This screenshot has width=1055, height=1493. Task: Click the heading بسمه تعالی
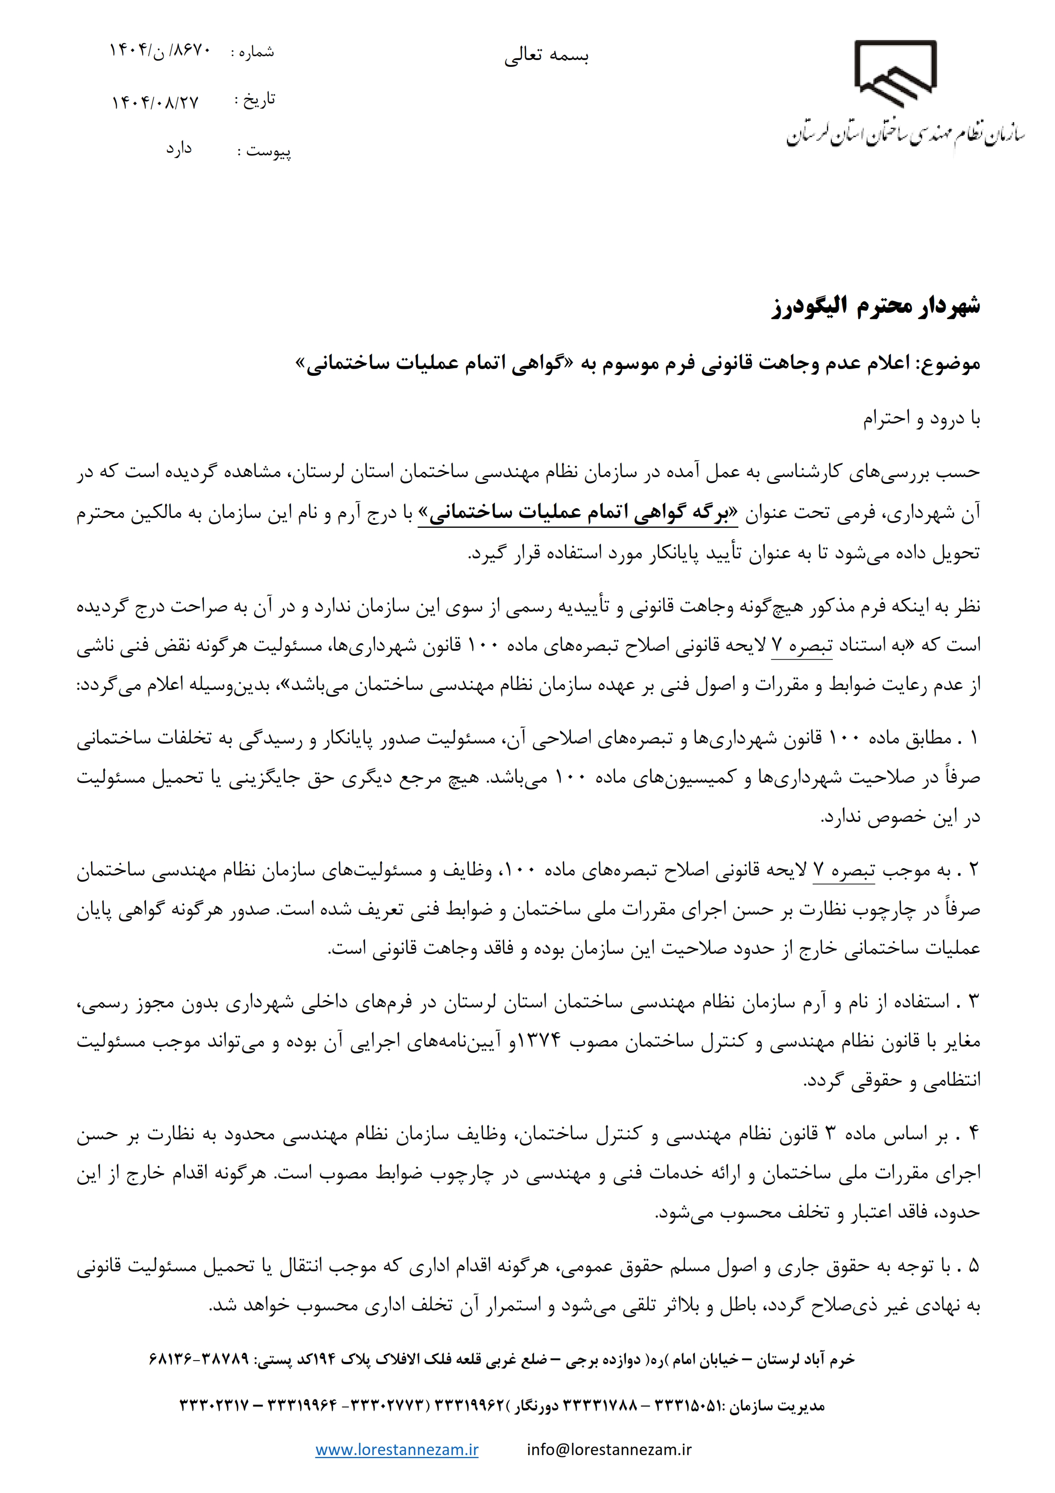(546, 57)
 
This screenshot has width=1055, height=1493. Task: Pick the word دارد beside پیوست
(179, 149)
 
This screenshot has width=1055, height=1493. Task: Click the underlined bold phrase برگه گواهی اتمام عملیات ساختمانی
(577, 514)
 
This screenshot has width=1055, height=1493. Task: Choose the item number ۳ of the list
(973, 1002)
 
